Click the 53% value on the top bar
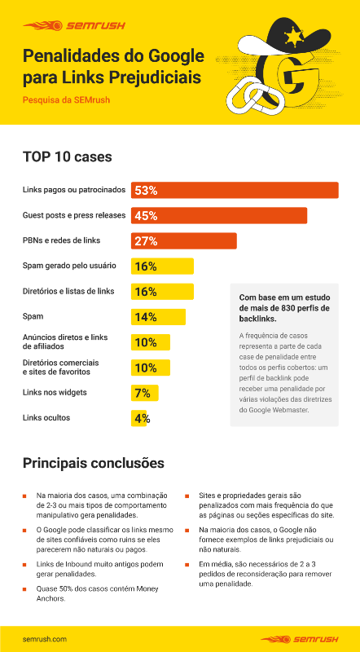pos(146,190)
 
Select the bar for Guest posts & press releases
pos(219,215)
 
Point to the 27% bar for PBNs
pos(184,240)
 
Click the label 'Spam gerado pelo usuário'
pos(68,266)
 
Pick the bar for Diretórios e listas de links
pos(163,291)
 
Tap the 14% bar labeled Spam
pos(159,317)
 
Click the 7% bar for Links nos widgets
pos(145,393)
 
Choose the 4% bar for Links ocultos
pos(141,418)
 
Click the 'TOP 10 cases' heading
pos(67,156)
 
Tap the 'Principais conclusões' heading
pos(93,463)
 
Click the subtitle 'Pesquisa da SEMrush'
pos(66,100)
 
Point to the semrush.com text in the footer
pos(45,638)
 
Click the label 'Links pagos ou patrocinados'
pos(73,190)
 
